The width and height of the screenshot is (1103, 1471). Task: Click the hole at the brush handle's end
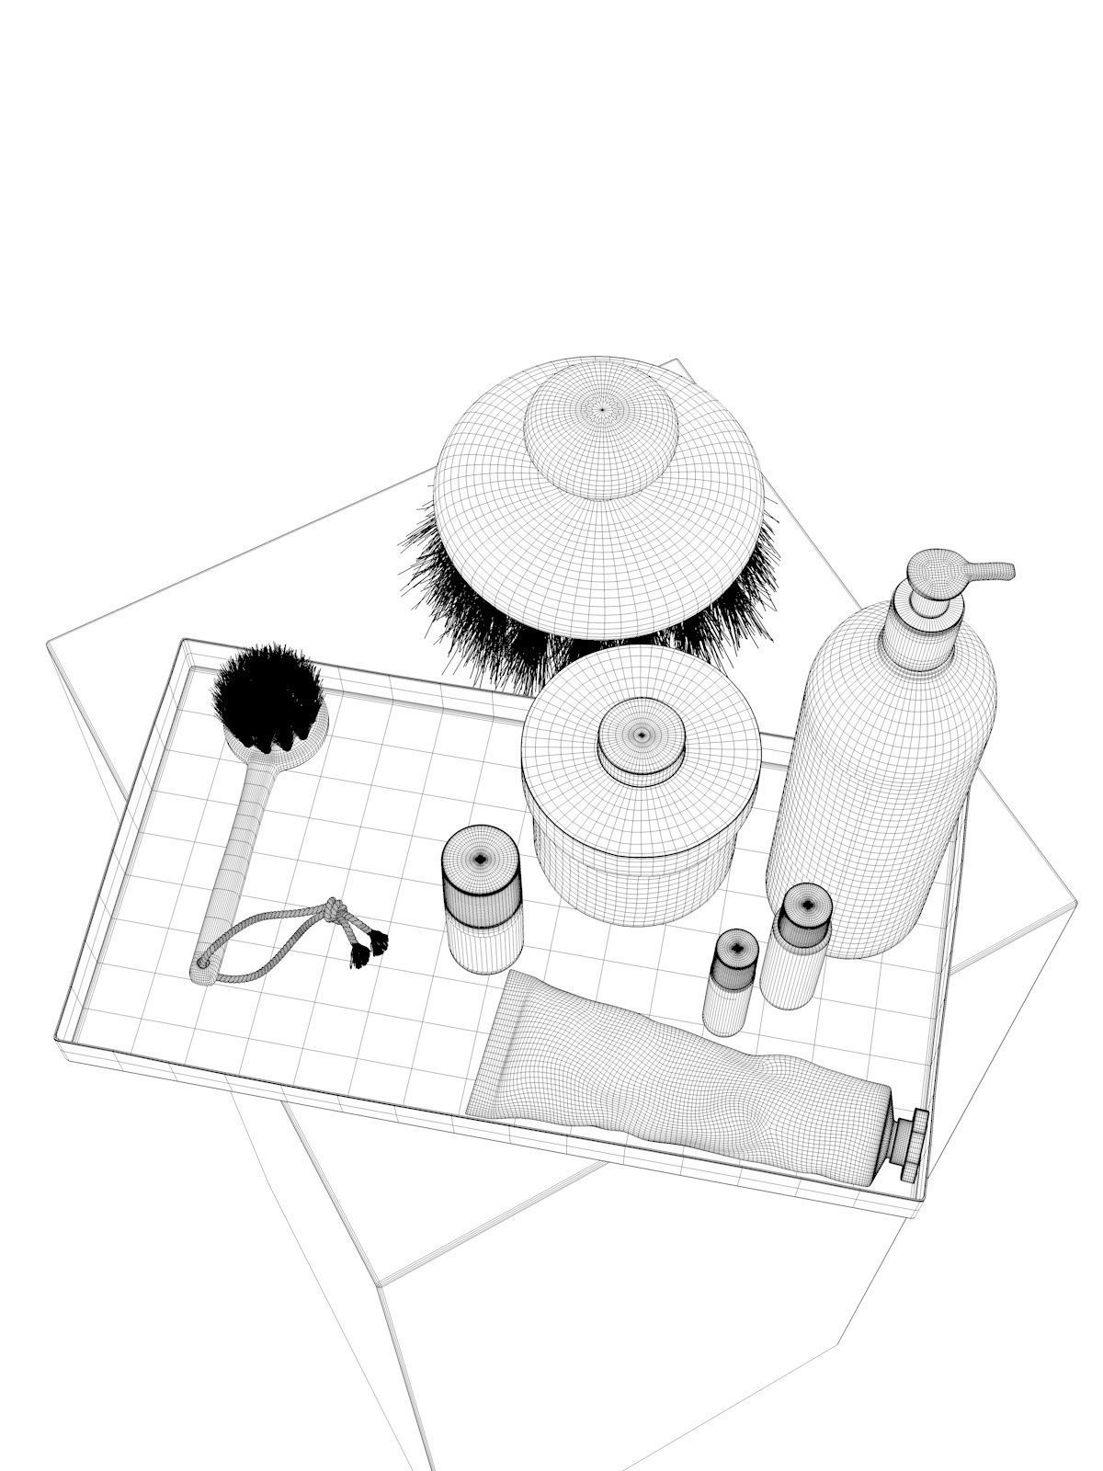202,964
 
